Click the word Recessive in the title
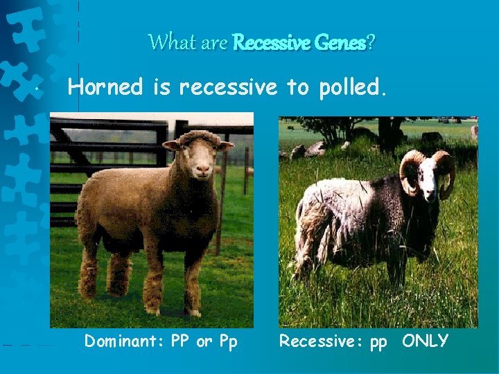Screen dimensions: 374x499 (x=266, y=42)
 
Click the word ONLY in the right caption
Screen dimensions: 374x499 (x=425, y=341)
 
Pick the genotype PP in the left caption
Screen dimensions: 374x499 (x=178, y=341)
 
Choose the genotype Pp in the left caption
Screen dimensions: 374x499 (x=227, y=341)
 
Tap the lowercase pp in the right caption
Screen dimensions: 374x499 (x=378, y=342)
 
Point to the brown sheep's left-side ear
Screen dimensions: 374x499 (x=170, y=145)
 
